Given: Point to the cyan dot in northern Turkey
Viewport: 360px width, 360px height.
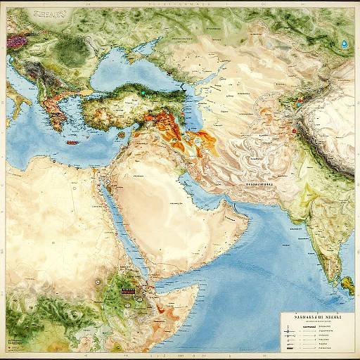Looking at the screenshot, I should (141, 91).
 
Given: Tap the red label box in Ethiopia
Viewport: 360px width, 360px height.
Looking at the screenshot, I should (127, 288).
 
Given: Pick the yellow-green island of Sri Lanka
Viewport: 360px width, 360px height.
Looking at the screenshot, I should (346, 283).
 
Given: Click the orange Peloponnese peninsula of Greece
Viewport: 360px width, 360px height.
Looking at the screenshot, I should (53, 120).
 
